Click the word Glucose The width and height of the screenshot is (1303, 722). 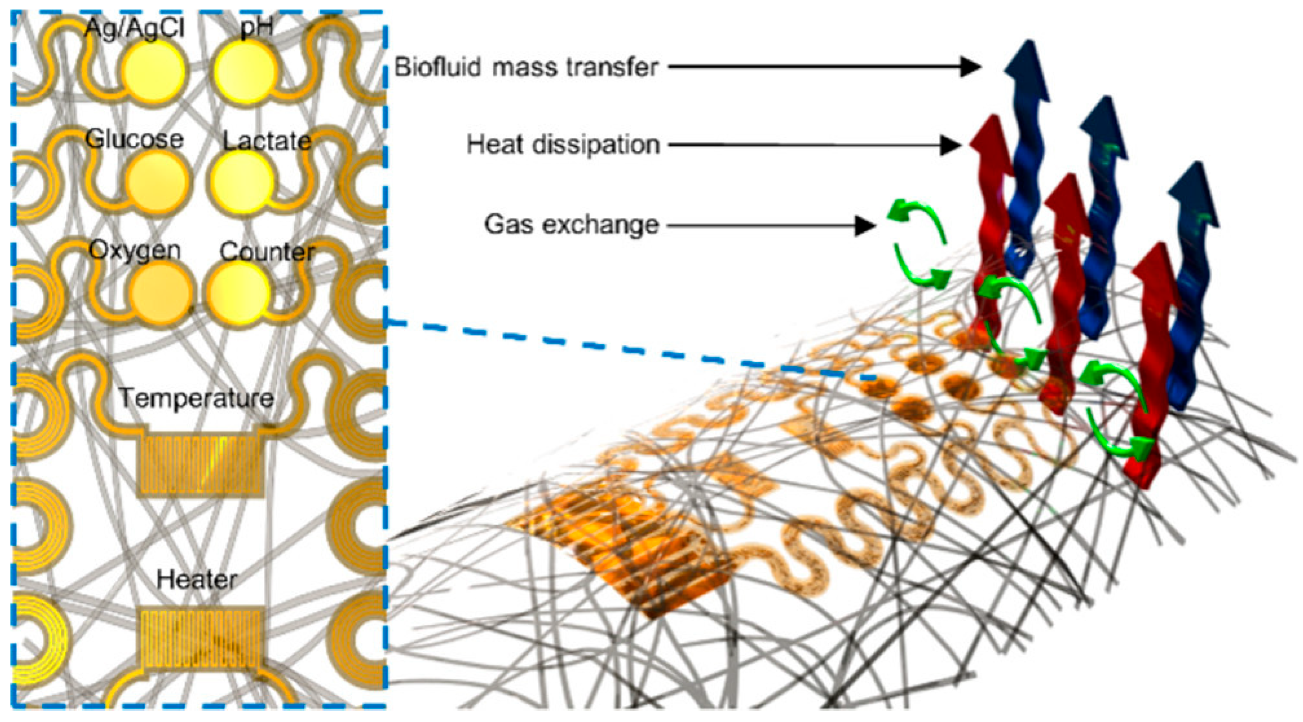pos(134,139)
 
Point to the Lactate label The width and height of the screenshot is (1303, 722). pos(267,141)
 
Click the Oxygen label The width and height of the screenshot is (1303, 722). pos(134,250)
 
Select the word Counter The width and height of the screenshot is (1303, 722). pos(267,251)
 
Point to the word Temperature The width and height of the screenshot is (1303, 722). pos(197,398)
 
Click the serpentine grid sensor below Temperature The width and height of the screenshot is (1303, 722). pos(200,464)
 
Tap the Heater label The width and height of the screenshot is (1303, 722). pos(197,579)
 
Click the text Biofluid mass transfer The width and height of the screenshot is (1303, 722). pos(526,67)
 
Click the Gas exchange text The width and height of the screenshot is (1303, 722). pos(572,224)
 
